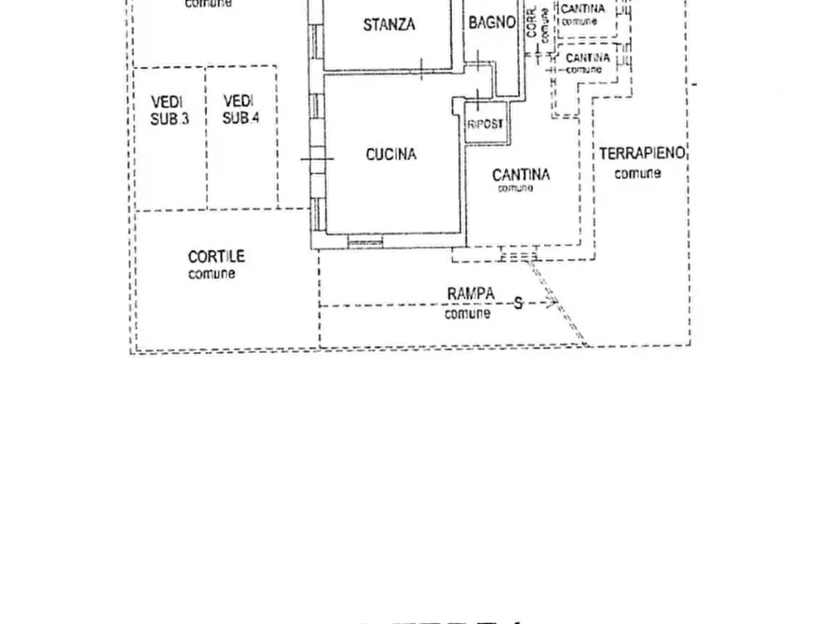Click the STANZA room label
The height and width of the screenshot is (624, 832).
tap(389, 25)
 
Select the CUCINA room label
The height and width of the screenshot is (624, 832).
tap(390, 155)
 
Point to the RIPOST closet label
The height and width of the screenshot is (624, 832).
tap(486, 124)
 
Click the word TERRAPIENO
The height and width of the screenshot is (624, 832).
tap(642, 154)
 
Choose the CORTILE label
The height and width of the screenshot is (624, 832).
tap(215, 256)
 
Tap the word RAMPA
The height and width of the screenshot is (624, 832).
tap(471, 294)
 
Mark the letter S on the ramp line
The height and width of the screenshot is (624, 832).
tap(519, 303)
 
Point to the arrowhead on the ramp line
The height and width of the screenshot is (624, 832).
tap(551, 303)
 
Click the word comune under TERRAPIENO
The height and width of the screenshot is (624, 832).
tap(638, 173)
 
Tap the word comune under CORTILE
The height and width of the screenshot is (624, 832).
tap(212, 274)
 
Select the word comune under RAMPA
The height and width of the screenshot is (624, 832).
tap(467, 314)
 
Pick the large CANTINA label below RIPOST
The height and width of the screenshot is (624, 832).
tap(521, 174)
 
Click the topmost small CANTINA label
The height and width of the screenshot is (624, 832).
tap(583, 9)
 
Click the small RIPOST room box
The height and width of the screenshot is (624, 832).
tap(486, 123)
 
